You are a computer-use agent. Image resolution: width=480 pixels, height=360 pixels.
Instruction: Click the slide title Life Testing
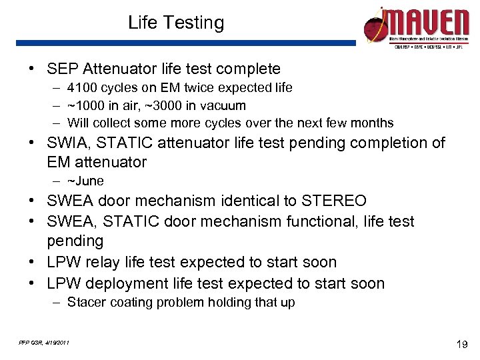click(176, 23)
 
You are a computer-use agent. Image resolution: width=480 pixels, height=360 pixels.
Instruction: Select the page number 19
click(461, 345)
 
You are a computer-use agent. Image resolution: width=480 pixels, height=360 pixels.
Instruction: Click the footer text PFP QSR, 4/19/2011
click(43, 343)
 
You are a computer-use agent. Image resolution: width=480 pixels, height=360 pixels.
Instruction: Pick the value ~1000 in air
click(101, 105)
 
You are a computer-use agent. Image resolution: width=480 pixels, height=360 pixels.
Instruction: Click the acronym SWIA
click(69, 143)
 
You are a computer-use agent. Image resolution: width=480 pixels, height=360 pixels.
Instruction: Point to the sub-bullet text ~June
click(85, 181)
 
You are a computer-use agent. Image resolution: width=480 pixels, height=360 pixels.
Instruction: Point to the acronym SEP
click(62, 69)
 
